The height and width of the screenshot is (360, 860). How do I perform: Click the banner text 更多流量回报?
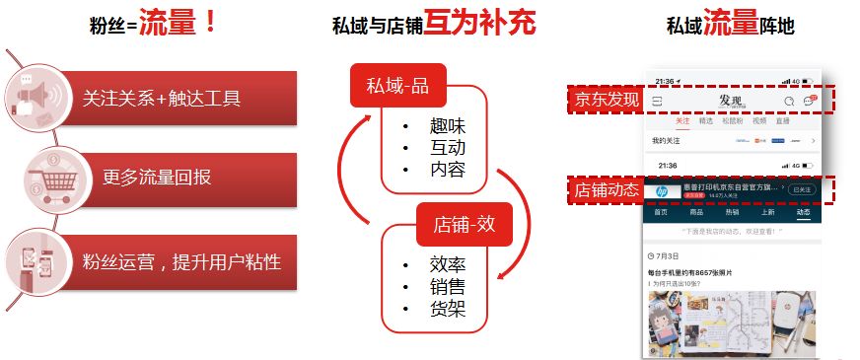click(157, 179)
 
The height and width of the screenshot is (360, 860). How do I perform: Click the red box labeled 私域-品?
click(398, 87)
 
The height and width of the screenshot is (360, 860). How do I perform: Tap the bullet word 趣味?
click(447, 127)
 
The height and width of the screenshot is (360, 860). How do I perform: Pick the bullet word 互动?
click(447, 148)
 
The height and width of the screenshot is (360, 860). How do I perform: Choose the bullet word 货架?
click(447, 309)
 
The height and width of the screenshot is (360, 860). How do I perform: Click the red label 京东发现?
click(607, 100)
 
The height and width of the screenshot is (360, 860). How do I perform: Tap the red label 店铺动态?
click(607, 190)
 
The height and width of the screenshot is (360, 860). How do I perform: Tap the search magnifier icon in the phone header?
click(789, 101)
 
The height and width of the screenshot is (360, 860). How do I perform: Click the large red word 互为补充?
click(479, 23)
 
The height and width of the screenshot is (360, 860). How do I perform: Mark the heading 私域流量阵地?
click(729, 24)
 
